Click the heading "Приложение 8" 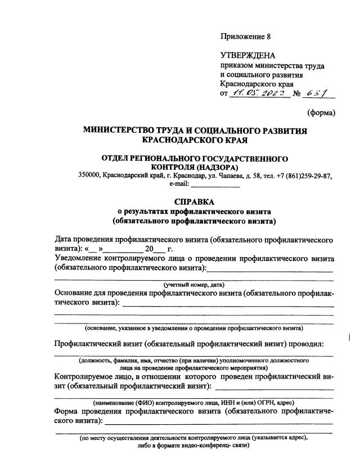(x=245, y=37)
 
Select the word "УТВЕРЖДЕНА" (x=248, y=55)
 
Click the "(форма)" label (x=321, y=113)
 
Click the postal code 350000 (x=89, y=175)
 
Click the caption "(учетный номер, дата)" (x=194, y=284)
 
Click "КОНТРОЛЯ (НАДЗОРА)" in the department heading (x=195, y=167)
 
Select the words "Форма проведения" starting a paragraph (x=88, y=411)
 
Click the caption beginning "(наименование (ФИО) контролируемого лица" (x=194, y=402)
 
